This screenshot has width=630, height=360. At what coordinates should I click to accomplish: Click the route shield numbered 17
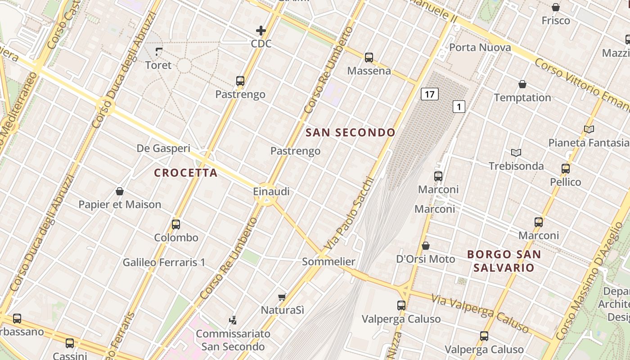point(430,94)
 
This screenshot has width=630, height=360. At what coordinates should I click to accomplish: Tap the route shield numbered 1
point(459,107)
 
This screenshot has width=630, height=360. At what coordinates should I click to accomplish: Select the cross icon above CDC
point(261,31)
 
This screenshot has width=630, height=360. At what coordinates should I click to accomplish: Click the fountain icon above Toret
point(158,51)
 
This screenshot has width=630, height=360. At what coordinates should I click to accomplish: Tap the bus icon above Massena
point(369,57)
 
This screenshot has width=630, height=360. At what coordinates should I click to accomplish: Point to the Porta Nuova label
point(480,48)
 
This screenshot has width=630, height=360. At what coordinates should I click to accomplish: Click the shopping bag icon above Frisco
point(556,7)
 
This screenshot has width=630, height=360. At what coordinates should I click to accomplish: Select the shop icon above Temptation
point(522,84)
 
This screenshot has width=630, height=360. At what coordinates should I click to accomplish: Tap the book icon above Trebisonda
point(516,153)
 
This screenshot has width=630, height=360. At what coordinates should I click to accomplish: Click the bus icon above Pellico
point(566,169)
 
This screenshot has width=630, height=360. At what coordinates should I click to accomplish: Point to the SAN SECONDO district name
point(351,132)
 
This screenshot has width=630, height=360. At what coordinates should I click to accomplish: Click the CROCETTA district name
point(186,173)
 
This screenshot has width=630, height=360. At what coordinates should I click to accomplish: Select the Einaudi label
point(271,192)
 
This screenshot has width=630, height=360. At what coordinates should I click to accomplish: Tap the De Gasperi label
point(163,148)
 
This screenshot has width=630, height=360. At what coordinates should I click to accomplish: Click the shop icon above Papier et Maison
point(120,191)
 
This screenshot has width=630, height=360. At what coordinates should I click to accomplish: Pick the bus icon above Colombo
point(176,224)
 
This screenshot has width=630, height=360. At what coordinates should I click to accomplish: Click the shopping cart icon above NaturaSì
point(282,297)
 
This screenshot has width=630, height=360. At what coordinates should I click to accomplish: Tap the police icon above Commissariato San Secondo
point(233,320)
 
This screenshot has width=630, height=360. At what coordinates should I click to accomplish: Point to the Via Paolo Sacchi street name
point(349,215)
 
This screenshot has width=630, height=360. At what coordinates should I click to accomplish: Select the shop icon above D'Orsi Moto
point(425,246)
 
